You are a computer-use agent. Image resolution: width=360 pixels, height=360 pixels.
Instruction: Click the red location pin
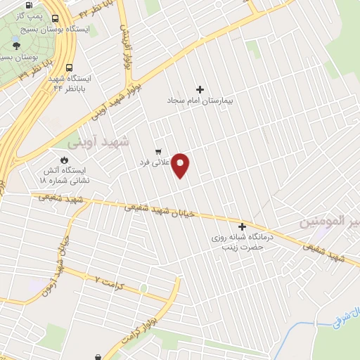[181, 165]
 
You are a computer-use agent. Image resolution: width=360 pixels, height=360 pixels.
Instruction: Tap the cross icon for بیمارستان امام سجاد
[200, 89]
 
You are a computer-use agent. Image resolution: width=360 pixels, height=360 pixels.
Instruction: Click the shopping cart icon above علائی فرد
[157, 151]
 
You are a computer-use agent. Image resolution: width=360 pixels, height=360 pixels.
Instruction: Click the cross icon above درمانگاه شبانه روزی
[243, 226]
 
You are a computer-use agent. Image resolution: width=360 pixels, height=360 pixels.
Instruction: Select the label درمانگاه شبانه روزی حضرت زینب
[238, 243]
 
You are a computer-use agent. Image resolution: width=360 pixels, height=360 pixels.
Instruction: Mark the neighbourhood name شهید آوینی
[98, 141]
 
